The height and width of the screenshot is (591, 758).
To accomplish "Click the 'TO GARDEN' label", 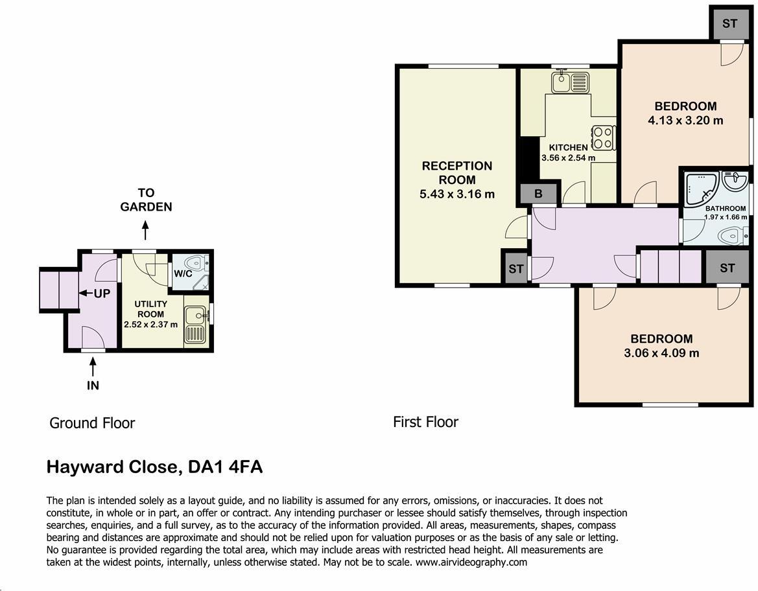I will pos(146,200).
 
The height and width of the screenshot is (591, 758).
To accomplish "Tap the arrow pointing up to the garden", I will pos(146,230).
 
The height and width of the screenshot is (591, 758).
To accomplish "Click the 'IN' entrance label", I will pos(93,385).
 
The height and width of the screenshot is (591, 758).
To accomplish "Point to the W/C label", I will pos(183,273).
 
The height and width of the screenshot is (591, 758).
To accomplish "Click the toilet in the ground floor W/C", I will pos(195,263).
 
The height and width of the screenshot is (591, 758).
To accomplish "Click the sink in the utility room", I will pos(195,323).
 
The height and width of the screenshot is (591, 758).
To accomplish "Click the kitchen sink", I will pos(570,82).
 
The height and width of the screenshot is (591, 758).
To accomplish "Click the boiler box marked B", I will pos(538,194).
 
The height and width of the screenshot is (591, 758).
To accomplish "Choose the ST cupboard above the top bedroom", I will pos(729,24).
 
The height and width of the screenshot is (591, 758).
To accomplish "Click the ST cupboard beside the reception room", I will pos(515,268).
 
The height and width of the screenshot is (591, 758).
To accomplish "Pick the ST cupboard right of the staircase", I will pos(727,268).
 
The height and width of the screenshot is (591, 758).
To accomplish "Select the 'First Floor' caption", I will pos(425,422).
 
